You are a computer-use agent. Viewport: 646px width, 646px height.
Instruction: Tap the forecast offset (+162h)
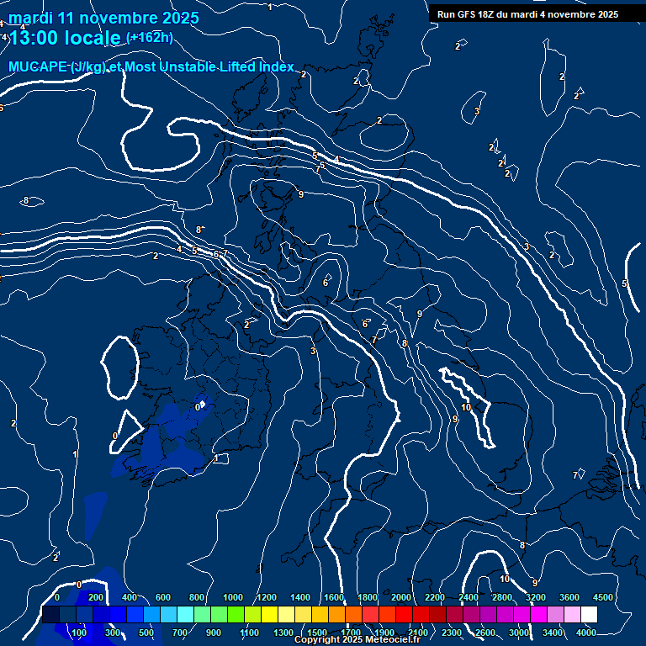[x=149, y=37]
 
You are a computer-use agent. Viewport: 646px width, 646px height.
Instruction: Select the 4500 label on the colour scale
[x=602, y=597]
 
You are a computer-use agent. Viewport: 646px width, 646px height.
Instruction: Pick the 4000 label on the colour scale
[x=586, y=633]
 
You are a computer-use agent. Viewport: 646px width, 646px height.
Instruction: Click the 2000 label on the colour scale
[x=401, y=597]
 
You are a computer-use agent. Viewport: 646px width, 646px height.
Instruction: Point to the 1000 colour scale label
[x=233, y=597]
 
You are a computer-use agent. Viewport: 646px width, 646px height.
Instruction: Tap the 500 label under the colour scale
[x=146, y=633]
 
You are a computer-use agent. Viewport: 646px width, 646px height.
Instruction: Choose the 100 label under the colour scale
[x=80, y=633]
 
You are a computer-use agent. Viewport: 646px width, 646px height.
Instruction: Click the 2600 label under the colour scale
[x=485, y=633]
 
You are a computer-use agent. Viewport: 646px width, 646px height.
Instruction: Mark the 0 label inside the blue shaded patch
[x=198, y=407]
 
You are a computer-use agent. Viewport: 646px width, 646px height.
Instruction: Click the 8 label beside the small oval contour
[x=26, y=200]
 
